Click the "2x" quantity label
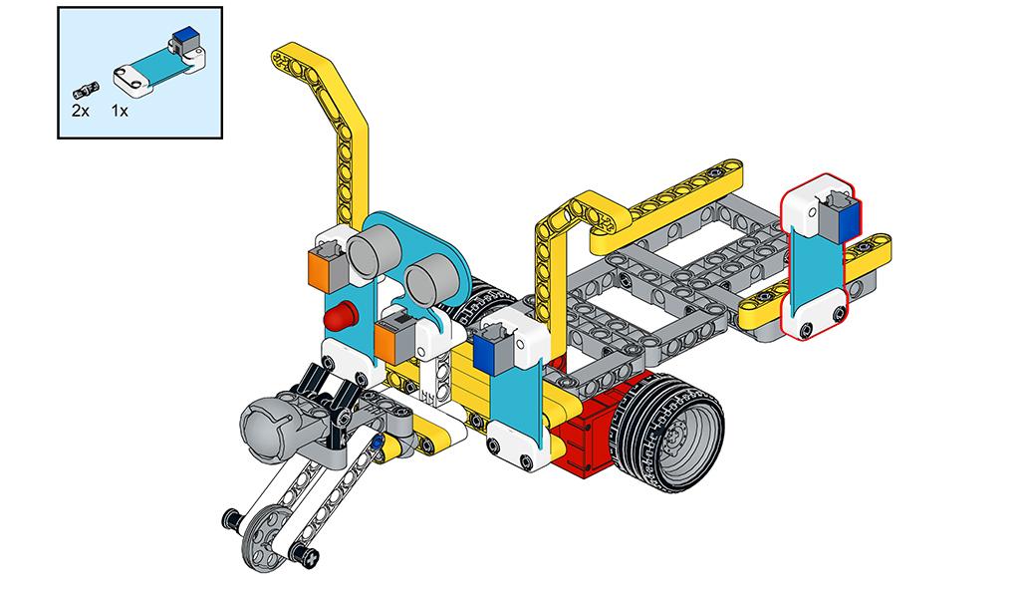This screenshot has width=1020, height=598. [x=80, y=111]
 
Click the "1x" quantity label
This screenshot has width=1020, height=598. [x=120, y=111]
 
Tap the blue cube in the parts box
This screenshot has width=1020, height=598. [x=186, y=35]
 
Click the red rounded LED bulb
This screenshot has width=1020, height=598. [x=342, y=316]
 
